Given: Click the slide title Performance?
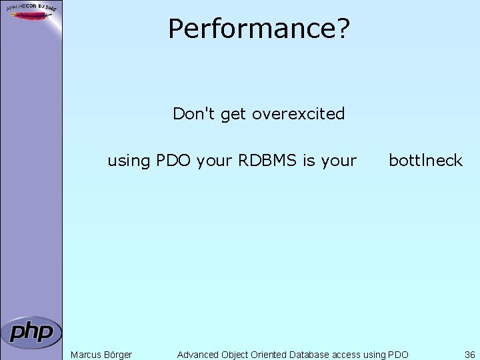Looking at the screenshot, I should tap(259, 29).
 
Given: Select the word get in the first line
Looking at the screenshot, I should tap(233, 115).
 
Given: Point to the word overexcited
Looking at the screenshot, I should tap(299, 114).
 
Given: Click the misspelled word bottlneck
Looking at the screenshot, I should tap(425, 161).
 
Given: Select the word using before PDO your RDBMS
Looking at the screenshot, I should tap(129, 161).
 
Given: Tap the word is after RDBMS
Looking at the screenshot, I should tap(309, 161).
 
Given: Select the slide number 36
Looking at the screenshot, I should tap(470, 355).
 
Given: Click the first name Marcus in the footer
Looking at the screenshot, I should tap(87, 355).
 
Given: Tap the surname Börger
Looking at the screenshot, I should tap(118, 355).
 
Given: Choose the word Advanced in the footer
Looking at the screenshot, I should tap(198, 355).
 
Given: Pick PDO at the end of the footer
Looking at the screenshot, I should tap(398, 355).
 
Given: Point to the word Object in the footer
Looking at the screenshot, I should tap(237, 355).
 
